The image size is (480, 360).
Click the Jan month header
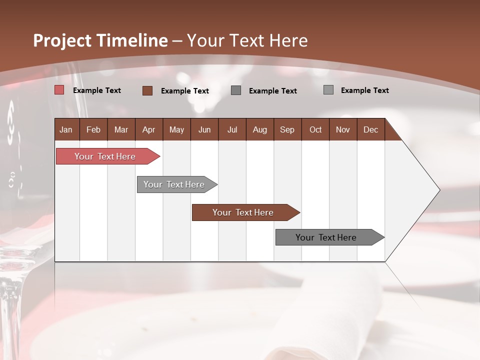[66, 130]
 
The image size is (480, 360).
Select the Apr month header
[149, 130]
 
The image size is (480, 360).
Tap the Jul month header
[232, 130]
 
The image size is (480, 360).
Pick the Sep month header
[287, 130]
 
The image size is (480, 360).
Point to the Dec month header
[371, 130]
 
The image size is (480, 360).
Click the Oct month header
[315, 130]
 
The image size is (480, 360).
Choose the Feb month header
[93, 130]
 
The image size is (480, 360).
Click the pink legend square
[59, 90]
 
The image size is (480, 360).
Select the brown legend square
[147, 90]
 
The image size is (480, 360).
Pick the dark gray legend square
[236, 90]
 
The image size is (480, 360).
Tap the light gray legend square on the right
[328, 90]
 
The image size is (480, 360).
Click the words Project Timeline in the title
[100, 40]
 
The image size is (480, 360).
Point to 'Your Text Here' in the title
[247, 40]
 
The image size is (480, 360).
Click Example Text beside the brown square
[185, 91]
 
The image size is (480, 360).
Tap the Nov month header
[343, 130]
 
